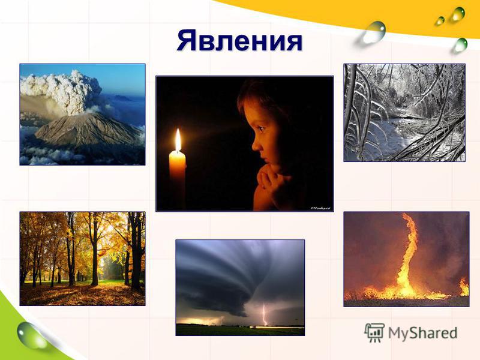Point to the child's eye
(261, 128)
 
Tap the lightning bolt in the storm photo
(265, 314)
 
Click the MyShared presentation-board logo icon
(374, 332)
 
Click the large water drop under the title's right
(374, 32)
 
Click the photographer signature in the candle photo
(320, 208)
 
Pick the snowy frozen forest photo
(404, 113)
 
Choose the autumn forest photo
(82, 259)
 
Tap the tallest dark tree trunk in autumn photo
(136, 250)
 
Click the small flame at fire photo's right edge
(464, 287)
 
